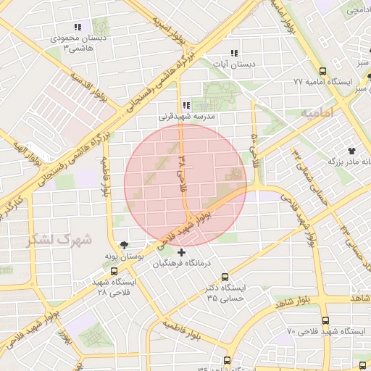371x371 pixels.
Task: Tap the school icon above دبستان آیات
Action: (233, 53)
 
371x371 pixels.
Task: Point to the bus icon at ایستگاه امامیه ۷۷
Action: (322, 72)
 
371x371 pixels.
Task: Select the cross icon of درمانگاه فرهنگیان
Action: (181, 253)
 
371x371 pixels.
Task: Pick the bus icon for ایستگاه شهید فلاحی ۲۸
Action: (114, 272)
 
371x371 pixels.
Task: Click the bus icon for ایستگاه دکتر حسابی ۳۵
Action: (225, 277)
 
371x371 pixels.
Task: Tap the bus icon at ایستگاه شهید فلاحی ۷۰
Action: (325, 320)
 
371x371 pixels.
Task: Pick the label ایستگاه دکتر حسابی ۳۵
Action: (226, 293)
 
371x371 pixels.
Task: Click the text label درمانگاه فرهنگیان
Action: (181, 264)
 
